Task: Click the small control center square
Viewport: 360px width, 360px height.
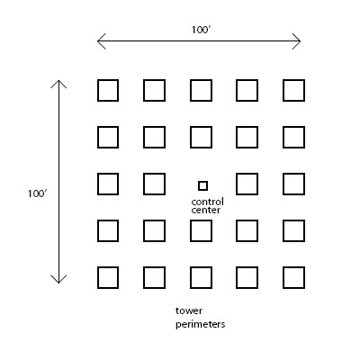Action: (x=202, y=182)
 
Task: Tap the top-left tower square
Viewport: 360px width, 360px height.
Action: (x=98, y=90)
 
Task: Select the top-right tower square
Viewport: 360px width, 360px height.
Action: (x=283, y=90)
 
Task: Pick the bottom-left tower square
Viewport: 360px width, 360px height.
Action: (x=98, y=277)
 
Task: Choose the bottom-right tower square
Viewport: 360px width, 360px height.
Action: (x=283, y=277)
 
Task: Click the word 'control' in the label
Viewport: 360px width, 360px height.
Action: (x=207, y=202)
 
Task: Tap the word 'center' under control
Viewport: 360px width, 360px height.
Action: (x=206, y=210)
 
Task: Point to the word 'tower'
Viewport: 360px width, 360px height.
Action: (x=189, y=310)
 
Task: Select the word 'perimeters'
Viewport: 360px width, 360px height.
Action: (x=201, y=325)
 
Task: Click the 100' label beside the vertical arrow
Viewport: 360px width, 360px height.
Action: (x=38, y=193)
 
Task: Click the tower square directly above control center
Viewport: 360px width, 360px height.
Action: (x=191, y=137)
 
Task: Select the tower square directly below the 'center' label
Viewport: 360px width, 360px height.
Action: (x=191, y=230)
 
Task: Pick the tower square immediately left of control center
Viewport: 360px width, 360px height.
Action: (x=144, y=184)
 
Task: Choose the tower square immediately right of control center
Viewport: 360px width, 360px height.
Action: (x=237, y=184)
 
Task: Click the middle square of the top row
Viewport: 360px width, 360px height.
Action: (x=191, y=90)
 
